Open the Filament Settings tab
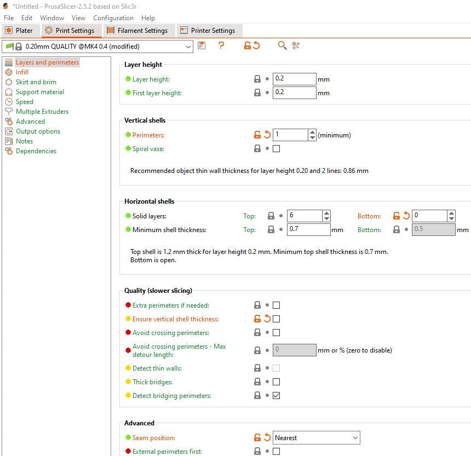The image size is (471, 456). (x=139, y=31)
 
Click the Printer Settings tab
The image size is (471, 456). (x=209, y=31)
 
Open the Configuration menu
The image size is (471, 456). (x=113, y=18)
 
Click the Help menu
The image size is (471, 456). (x=148, y=18)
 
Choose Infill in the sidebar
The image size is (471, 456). (x=22, y=72)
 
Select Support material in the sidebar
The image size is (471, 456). (x=40, y=92)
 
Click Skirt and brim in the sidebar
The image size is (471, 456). (x=36, y=82)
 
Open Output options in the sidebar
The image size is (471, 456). (x=38, y=131)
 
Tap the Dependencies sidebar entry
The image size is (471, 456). (x=36, y=151)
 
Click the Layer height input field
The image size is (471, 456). (x=295, y=79)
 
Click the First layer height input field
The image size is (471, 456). (x=295, y=93)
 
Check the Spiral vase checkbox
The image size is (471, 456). (x=277, y=148)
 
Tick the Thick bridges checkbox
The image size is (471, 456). (x=277, y=382)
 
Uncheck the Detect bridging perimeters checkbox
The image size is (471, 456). (x=277, y=396)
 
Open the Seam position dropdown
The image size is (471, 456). (x=317, y=438)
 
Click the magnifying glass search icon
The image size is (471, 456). (x=282, y=45)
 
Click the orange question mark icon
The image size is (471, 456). (x=221, y=45)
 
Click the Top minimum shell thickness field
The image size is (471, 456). (x=309, y=230)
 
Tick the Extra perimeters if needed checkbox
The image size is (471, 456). (x=277, y=305)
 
